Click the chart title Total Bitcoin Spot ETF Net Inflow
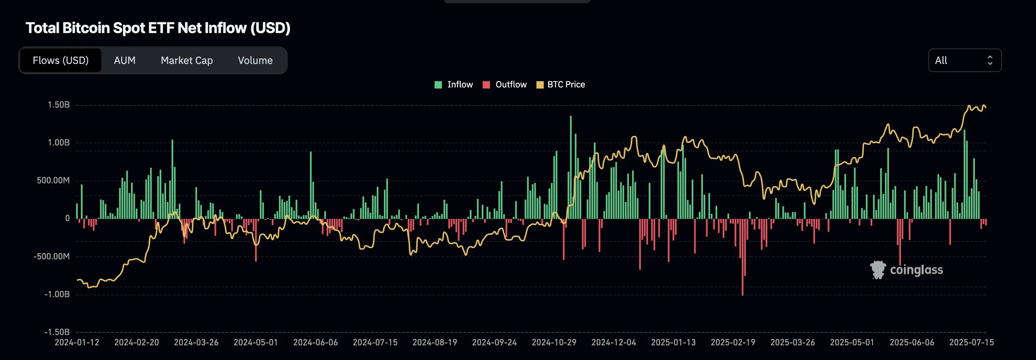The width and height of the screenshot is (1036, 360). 157,28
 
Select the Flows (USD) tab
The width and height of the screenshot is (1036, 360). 60,60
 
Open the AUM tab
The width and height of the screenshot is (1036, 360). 125,60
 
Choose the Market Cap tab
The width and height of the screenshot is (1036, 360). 186,60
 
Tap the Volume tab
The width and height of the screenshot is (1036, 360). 255,60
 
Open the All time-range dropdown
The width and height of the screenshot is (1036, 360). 964,60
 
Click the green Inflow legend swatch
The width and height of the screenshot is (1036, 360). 438,85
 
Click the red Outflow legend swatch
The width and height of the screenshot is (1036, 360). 486,85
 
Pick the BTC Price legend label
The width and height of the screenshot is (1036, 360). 566,84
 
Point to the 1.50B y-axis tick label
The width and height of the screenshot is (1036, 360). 59,105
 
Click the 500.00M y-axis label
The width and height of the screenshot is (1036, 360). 53,181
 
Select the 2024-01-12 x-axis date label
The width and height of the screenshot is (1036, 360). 77,342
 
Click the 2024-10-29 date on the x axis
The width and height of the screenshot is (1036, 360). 554,342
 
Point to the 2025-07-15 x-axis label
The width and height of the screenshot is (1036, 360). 971,342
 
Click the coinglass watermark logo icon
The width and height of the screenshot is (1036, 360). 877,270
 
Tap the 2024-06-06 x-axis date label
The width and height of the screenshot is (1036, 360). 315,342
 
